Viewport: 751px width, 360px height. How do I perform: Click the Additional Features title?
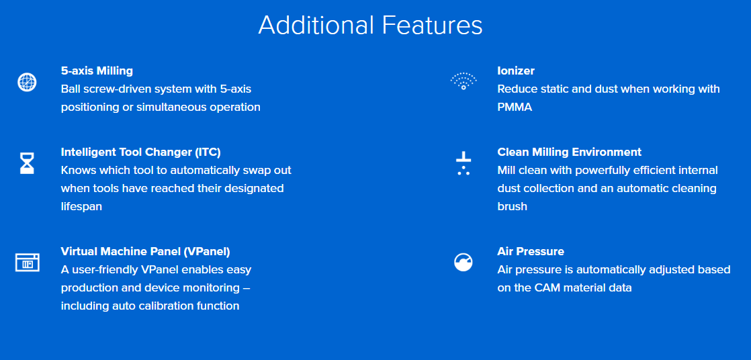[370, 26]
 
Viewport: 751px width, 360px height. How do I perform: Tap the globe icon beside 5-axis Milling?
[27, 82]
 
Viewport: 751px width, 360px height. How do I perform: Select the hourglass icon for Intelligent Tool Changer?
[27, 163]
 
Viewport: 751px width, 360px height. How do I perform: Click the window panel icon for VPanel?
[28, 263]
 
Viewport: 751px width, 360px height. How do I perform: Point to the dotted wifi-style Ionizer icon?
[463, 81]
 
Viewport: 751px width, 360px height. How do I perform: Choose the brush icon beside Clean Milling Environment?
[463, 164]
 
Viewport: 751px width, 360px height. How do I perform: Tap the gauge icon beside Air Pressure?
[463, 263]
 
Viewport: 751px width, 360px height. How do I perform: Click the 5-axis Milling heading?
[97, 71]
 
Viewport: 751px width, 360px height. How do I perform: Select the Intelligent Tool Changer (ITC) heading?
[141, 152]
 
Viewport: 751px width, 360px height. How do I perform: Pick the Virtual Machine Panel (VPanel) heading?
[146, 251]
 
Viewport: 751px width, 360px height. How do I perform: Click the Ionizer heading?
[516, 71]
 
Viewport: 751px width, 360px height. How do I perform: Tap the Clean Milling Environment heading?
[570, 152]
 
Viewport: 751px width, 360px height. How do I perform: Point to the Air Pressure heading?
[531, 251]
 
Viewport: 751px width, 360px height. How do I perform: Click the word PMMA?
[515, 107]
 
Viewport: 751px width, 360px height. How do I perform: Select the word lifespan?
[81, 207]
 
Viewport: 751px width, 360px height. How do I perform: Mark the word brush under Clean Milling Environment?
[513, 206]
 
